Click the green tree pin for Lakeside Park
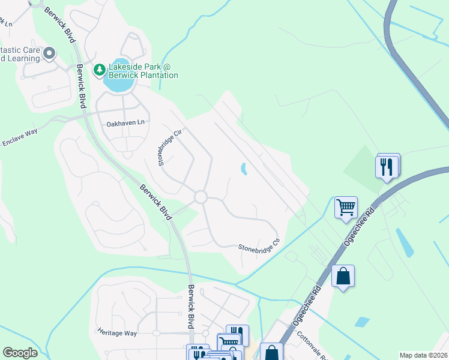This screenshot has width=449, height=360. pos(99,70)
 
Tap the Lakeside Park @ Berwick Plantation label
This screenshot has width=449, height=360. pos(143,71)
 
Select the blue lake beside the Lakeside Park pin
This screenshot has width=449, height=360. pos(119,84)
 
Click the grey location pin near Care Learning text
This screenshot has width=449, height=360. pos(49,54)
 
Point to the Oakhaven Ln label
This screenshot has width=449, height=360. pos(125,122)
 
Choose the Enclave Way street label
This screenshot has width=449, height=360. pos(20,137)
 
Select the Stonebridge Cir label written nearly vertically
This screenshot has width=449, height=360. pos(161,148)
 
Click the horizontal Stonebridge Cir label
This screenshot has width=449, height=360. pos(259,247)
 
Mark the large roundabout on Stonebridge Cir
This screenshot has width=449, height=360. pos(200,197)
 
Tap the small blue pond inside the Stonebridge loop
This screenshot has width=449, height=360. pos(243,170)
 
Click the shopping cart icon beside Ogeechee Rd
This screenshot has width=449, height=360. pos(346,208)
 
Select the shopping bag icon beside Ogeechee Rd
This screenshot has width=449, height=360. pos(343,277)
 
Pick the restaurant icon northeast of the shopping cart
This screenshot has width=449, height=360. pos(387,166)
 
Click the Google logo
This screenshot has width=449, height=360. pos(20,353)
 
